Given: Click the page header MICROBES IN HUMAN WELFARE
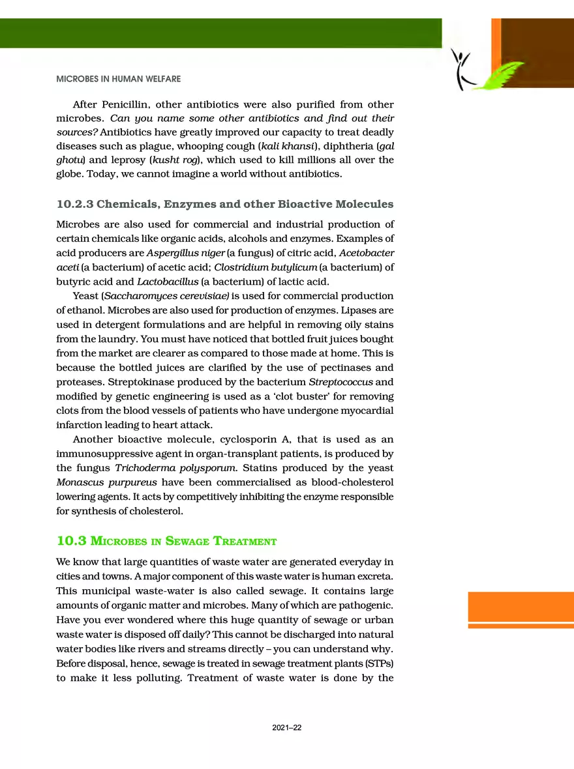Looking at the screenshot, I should point(118,79).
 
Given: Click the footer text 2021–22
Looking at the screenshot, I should point(287,728).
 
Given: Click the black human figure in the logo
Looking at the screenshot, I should point(464,70).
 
